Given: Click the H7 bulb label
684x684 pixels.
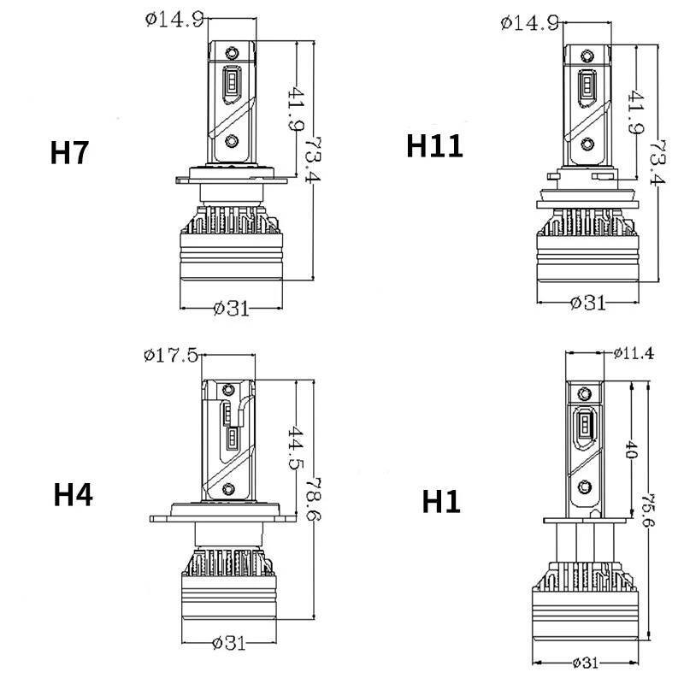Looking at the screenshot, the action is pyautogui.click(x=69, y=153).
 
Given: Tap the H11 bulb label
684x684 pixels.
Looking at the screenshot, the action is pyautogui.click(x=434, y=146).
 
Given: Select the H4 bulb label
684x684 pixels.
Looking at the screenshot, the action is pyautogui.click(x=73, y=495).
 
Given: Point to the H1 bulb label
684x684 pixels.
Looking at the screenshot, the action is pyautogui.click(x=441, y=502).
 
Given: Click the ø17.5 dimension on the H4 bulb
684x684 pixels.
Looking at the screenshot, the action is pyautogui.click(x=171, y=356).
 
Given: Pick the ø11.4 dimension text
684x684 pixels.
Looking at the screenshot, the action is pyautogui.click(x=634, y=353).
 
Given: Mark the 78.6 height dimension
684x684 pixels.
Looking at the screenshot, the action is pyautogui.click(x=313, y=499).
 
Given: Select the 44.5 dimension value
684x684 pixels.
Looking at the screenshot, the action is pyautogui.click(x=295, y=447).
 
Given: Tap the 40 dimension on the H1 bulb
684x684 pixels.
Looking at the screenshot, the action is pyautogui.click(x=632, y=450).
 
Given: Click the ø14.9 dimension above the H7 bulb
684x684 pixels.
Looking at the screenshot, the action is pyautogui.click(x=174, y=20).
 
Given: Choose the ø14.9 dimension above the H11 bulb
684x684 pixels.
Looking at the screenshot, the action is pyautogui.click(x=530, y=23).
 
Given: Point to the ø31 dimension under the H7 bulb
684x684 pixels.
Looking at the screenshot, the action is pyautogui.click(x=232, y=309).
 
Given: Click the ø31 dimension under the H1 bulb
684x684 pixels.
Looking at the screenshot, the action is pyautogui.click(x=586, y=663).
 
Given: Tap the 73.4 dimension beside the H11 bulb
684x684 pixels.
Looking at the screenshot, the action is pyautogui.click(x=657, y=162).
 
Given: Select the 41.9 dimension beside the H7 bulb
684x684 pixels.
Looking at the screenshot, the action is pyautogui.click(x=295, y=109).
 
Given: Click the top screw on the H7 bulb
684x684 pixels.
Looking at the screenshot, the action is pyautogui.click(x=232, y=53).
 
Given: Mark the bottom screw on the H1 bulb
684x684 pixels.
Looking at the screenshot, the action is pyautogui.click(x=585, y=486).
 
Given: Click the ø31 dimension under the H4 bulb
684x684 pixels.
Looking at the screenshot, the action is pyautogui.click(x=229, y=643).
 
